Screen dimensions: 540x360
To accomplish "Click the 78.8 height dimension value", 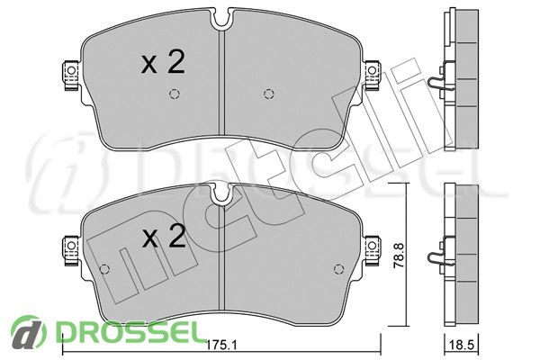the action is pos(399,255).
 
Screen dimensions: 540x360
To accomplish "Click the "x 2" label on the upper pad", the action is pos(163,62).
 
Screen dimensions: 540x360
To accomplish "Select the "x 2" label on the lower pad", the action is pos(165,237).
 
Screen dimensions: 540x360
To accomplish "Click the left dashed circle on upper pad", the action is pos(175,94).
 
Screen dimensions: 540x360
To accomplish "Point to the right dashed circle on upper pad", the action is pos(268,94).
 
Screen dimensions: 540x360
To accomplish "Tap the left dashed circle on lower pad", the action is pos(104,269).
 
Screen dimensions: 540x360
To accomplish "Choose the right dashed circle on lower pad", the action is pos(339,269).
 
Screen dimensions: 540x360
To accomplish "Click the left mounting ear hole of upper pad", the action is pos(71,70).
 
